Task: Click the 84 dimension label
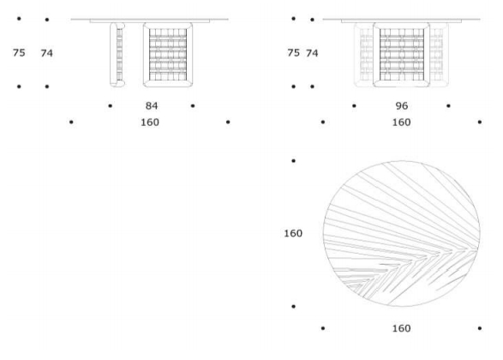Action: [152, 105]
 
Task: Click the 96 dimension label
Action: [402, 105]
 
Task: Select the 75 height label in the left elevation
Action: [19, 52]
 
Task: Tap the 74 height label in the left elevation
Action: [47, 53]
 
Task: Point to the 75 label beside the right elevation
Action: [294, 52]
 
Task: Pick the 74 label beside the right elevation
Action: [312, 53]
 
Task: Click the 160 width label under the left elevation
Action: [150, 123]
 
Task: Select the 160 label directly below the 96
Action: [402, 123]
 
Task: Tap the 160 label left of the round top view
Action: [293, 233]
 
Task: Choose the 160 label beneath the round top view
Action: [402, 328]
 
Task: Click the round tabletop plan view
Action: [402, 234]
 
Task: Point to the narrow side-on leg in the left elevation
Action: [117, 55]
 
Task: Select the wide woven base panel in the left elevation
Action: [168, 55]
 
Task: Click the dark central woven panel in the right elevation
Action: [401, 55]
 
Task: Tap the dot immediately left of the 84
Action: [110, 105]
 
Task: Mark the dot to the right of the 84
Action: [193, 105]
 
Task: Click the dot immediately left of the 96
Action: [354, 105]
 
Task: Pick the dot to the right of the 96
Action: [448, 105]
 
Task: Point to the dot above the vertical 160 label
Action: [293, 161]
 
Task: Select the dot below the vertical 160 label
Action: [293, 306]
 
